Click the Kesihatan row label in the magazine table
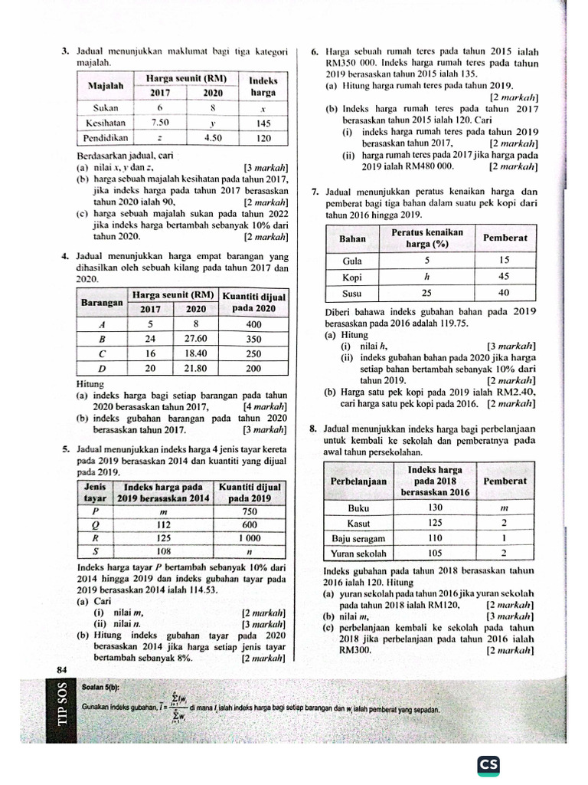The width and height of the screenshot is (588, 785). click(106, 123)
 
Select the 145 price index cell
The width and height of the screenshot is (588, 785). click(263, 123)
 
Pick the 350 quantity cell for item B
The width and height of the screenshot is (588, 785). click(253, 338)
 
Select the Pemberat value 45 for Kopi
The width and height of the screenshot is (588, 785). click(505, 278)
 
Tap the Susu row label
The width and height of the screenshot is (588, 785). click(352, 294)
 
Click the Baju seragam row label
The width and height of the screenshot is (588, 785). click(358, 538)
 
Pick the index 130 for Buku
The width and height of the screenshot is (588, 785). click(435, 507)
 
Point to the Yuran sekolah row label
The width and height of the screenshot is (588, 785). click(358, 553)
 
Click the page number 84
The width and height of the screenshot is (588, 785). click(62, 670)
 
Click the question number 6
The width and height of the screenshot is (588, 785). click(315, 52)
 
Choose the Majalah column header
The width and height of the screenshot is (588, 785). click(106, 86)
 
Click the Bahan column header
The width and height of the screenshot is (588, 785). click(352, 238)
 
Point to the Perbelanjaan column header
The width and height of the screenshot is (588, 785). click(358, 481)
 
